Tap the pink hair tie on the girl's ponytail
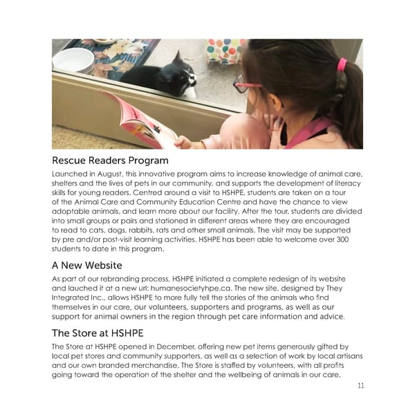pos(342,65)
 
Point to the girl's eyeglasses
pos(246,86)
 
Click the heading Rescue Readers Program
pos(110,161)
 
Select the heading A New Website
pos(86,265)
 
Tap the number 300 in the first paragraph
pos(353,239)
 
